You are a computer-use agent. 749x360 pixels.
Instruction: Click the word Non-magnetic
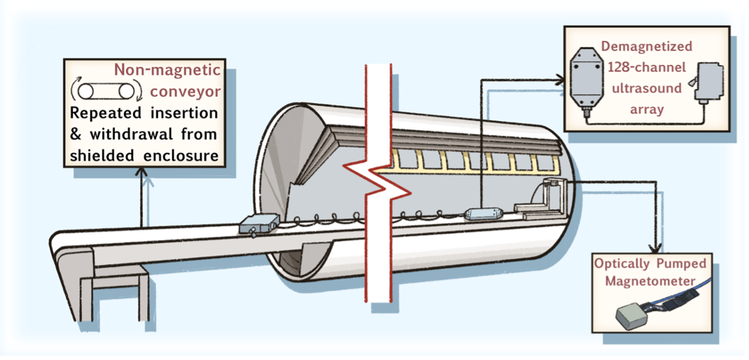[167, 70]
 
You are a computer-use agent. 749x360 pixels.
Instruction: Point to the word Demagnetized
[647, 47]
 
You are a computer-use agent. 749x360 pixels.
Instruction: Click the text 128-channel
[646, 67]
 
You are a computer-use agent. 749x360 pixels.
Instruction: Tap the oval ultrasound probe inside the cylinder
[484, 214]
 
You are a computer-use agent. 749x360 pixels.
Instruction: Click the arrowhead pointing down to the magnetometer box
[654, 249]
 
